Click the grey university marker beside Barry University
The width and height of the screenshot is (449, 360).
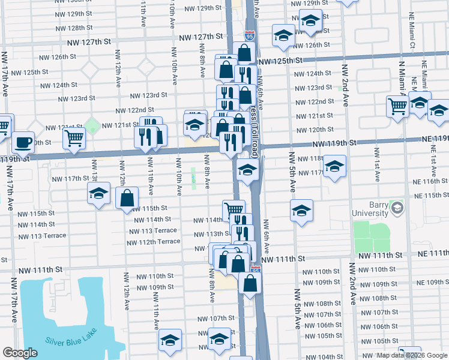click(x=396, y=208)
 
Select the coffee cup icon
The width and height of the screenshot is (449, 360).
click(x=23, y=143)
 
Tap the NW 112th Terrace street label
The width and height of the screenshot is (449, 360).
click(x=153, y=242)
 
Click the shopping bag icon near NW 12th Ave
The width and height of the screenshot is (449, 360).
click(x=128, y=197)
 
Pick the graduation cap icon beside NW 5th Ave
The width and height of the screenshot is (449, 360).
click(x=301, y=211)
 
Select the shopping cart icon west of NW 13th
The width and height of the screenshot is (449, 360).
click(x=74, y=138)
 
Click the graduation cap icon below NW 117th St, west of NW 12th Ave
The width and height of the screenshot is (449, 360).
click(x=98, y=193)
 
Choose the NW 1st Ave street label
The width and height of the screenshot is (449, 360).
click(x=377, y=167)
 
